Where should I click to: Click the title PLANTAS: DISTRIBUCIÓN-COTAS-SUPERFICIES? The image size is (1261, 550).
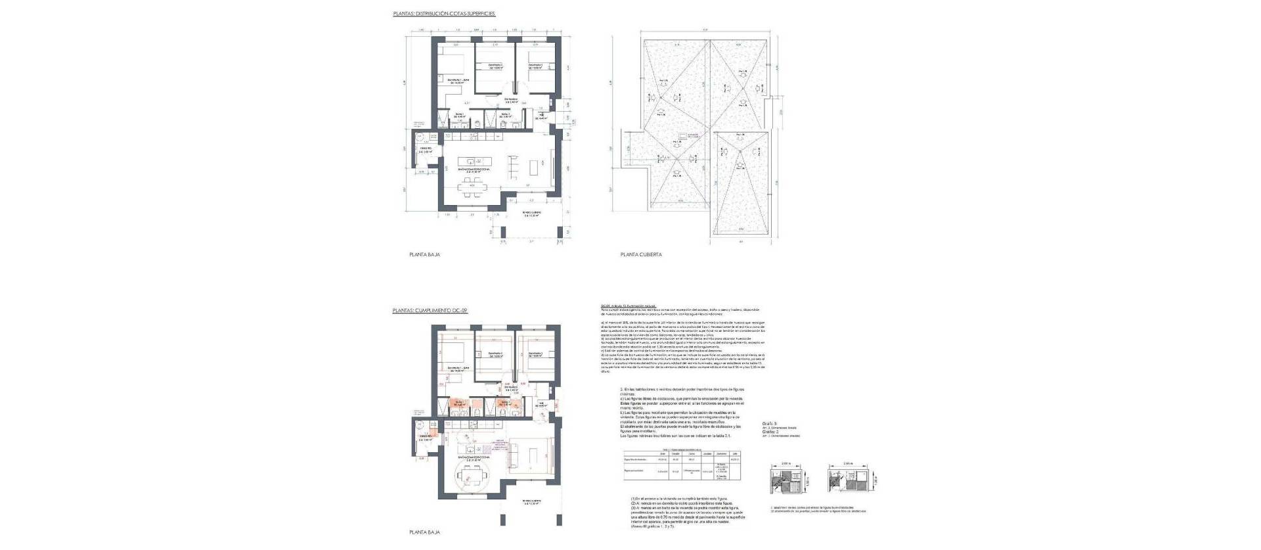(x=444, y=13)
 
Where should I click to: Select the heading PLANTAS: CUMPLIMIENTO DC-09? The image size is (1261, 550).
(x=429, y=309)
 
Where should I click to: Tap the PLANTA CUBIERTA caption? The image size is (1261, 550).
(x=641, y=254)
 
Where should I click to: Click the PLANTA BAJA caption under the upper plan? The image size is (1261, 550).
(x=424, y=254)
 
